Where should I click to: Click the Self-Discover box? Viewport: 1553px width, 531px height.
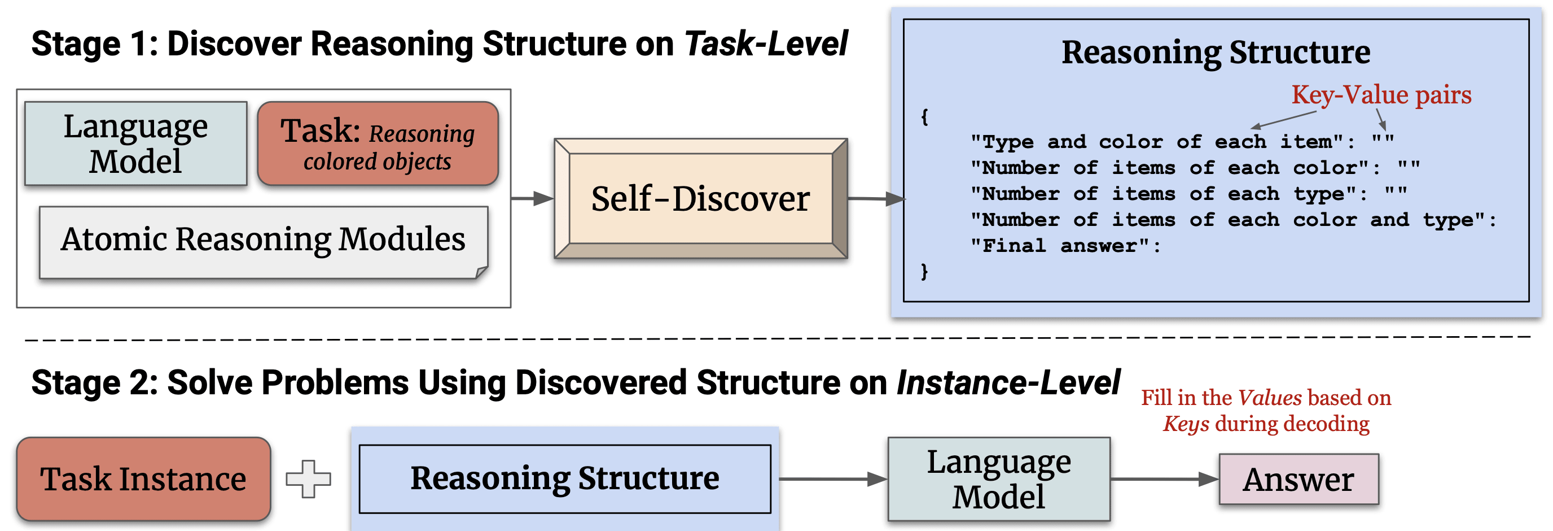pos(700,198)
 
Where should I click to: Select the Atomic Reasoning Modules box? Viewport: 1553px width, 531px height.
pos(264,242)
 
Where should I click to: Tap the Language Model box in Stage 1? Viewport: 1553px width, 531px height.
pos(135,143)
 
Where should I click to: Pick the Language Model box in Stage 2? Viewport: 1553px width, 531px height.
pos(999,479)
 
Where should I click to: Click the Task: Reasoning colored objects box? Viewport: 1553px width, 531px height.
pos(378,143)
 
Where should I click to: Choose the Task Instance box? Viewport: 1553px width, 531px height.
pos(143,479)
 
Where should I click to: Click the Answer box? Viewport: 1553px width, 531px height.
pos(1298,479)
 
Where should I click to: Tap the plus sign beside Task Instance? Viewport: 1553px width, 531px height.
pos(309,479)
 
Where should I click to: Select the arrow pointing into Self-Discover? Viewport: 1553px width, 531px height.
pos(532,198)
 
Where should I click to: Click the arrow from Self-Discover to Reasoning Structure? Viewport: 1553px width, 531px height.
pos(876,198)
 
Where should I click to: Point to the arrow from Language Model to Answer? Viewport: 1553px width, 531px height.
pos(1165,479)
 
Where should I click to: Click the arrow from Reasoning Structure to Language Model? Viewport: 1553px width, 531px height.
pos(833,479)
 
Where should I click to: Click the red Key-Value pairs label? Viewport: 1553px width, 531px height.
pos(1381,95)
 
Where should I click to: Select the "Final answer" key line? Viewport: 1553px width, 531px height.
pos(1065,246)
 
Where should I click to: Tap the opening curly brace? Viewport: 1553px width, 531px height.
pos(925,116)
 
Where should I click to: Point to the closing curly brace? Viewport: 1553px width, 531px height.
pos(925,272)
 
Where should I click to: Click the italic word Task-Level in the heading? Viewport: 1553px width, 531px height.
pos(766,44)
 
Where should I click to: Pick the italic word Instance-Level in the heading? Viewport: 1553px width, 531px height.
pos(1008,382)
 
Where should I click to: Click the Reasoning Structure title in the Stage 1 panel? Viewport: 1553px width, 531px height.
pos(1216,52)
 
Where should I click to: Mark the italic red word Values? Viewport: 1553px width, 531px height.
pos(1270,398)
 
